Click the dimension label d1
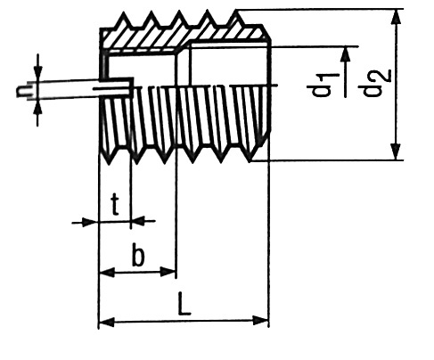pos(321,85)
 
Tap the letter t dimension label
pos(115,204)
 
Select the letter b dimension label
pos(138,255)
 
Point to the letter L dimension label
pos(184,304)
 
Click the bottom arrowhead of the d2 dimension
pos(396,152)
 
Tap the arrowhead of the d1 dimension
pos(345,54)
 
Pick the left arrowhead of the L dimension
pos(106,322)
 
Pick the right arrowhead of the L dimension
pos(260,321)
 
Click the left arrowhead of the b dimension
pos(107,272)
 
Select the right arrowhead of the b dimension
pos(168,271)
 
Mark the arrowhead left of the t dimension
pos(90,222)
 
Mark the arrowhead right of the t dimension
pos(138,220)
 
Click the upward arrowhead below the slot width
pos(37,108)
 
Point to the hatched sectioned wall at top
pos(184,37)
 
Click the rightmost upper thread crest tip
pos(236,11)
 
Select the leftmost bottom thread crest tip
pos(109,164)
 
